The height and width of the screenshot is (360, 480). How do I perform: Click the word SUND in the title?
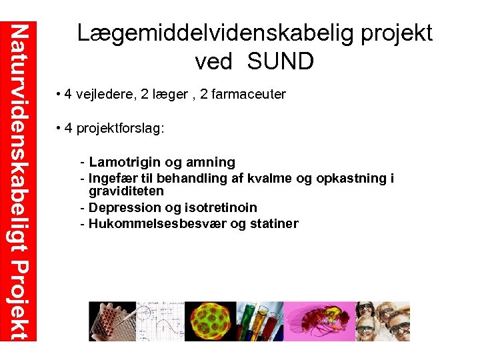point(280,61)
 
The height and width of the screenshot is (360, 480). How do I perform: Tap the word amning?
point(211,162)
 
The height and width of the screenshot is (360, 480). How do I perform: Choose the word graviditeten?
point(126,191)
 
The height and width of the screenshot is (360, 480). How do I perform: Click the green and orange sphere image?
point(211,321)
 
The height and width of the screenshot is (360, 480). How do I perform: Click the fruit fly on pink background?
point(320,321)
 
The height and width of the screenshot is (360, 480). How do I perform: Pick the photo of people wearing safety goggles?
point(383,321)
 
